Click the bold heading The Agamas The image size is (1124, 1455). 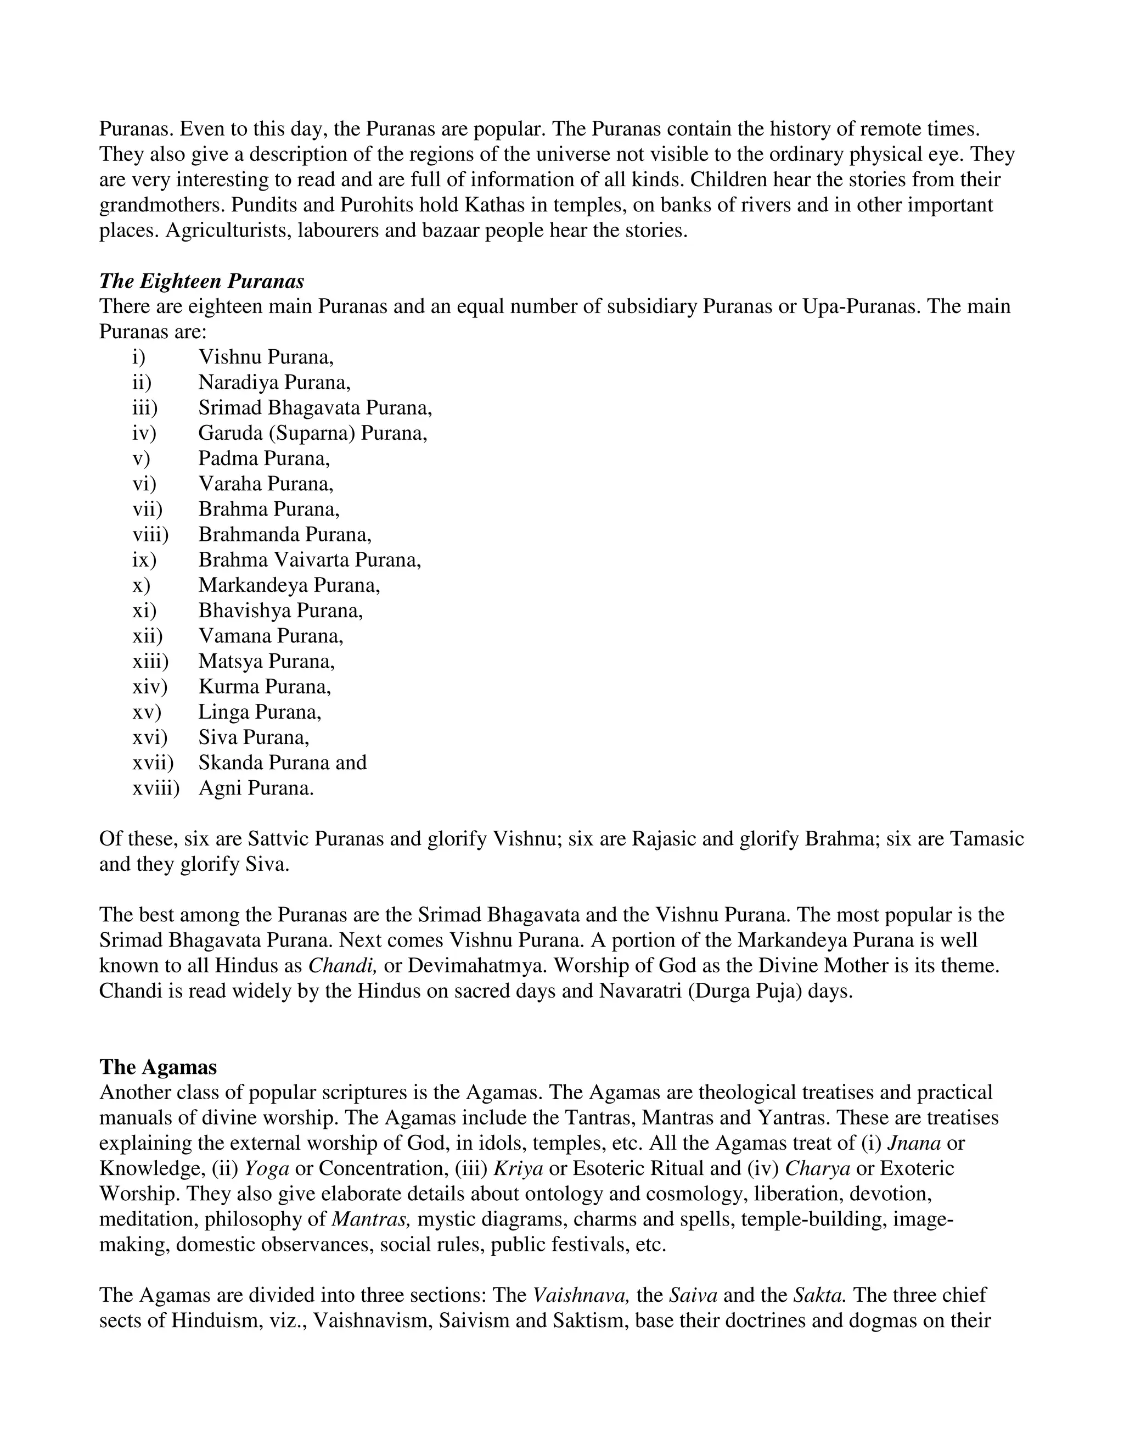point(158,1067)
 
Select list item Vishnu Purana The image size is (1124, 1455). point(266,358)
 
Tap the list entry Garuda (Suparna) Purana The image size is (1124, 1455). point(312,434)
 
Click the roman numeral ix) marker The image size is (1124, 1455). point(144,560)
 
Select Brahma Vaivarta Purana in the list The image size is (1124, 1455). point(310,560)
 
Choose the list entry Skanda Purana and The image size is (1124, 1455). point(282,763)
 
